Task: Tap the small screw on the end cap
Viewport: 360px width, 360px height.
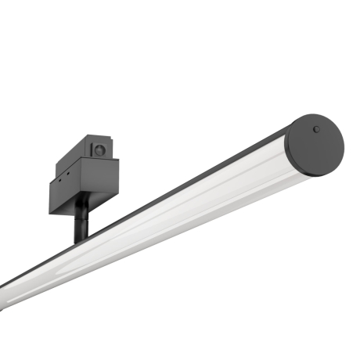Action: click(316, 129)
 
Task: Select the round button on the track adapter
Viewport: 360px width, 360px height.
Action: click(99, 149)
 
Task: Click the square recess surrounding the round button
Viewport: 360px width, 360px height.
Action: click(99, 149)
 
